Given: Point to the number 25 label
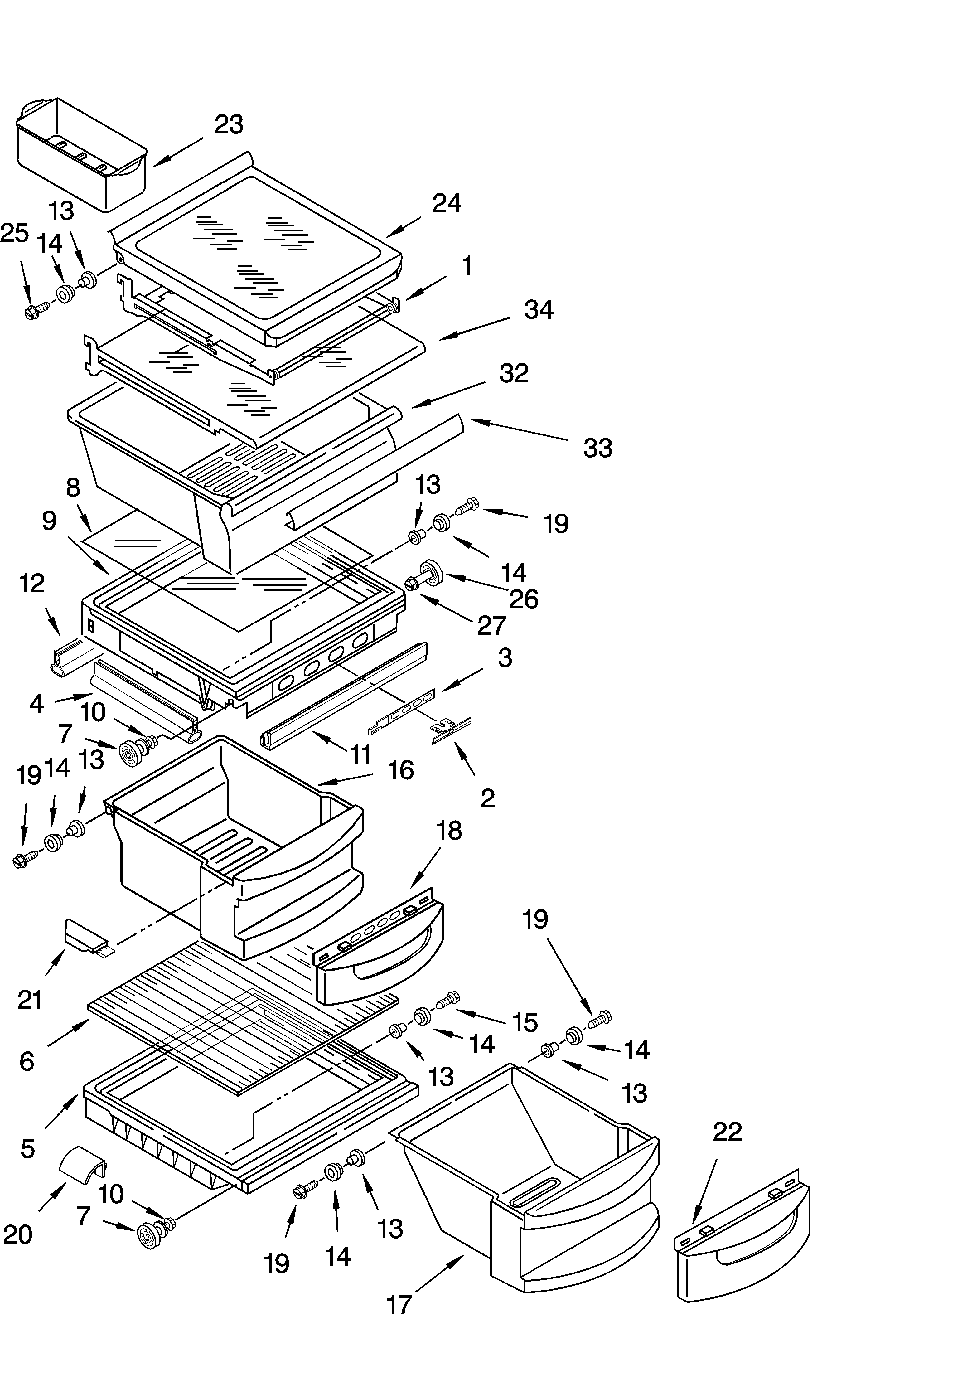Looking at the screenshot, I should coord(14,233).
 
